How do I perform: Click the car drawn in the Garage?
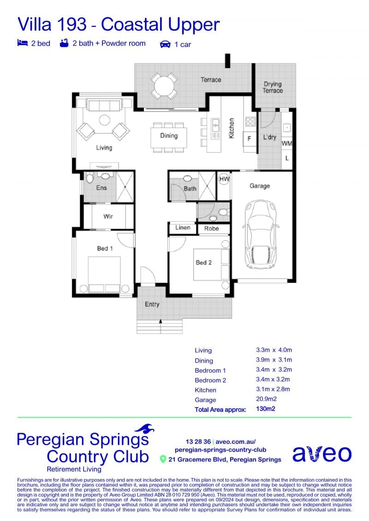click(261, 234)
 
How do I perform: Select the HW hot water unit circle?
click(224, 179)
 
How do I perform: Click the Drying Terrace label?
click(273, 88)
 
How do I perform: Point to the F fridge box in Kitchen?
click(249, 139)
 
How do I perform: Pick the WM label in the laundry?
click(287, 144)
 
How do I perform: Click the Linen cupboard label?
click(183, 228)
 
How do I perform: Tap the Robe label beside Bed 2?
click(212, 228)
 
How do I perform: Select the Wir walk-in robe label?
click(108, 217)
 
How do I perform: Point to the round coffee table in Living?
click(105, 120)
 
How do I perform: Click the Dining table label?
click(169, 135)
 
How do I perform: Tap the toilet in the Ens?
click(89, 178)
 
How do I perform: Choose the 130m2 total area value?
click(266, 409)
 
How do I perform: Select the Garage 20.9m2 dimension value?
click(267, 399)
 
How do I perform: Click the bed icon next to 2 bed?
click(22, 43)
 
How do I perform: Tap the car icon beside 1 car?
click(166, 44)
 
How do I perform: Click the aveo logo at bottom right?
click(322, 454)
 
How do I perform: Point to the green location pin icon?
click(163, 459)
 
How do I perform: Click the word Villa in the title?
click(36, 24)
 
